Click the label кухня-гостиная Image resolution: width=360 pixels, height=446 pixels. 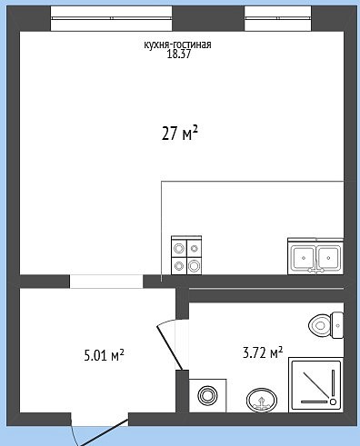(177, 45)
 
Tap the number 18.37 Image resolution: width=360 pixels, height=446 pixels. (179, 55)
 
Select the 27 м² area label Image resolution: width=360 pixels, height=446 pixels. (180, 134)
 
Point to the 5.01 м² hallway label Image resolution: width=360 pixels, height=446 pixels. (104, 355)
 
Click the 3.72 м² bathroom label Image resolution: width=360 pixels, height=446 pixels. (263, 352)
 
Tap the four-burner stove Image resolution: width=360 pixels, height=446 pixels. (186, 255)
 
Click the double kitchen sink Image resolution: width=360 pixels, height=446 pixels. (315, 257)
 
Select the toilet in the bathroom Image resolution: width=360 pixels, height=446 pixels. (325, 325)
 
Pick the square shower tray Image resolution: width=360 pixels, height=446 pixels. (316, 385)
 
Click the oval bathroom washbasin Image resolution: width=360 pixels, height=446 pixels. (262, 400)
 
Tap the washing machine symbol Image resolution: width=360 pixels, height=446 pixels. (207, 395)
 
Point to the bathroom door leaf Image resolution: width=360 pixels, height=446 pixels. (169, 348)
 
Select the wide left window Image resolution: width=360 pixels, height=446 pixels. (111, 18)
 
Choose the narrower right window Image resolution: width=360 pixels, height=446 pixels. (278, 18)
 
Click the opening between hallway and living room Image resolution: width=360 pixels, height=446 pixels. (106, 282)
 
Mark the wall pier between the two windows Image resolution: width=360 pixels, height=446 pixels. (208, 18)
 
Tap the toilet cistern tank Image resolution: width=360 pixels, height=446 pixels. (337, 325)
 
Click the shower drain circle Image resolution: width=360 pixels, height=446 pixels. (333, 401)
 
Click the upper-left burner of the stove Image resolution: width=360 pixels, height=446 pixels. (178, 249)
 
